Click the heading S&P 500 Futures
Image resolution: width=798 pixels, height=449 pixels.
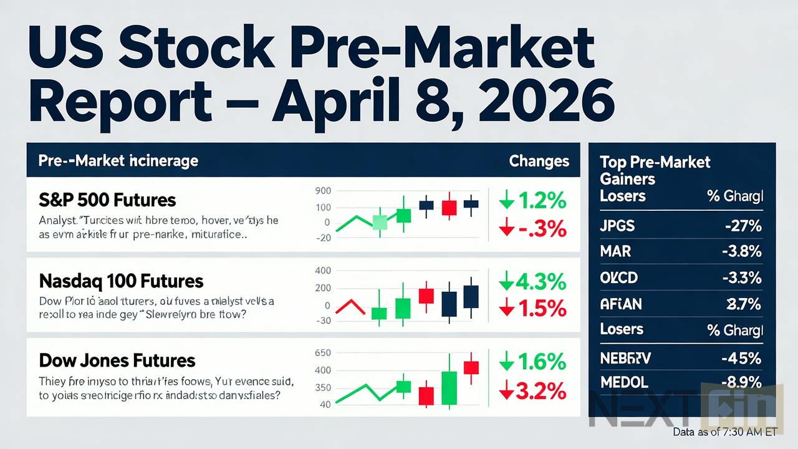coord(107,200)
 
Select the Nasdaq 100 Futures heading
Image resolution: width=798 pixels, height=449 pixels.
coord(121,281)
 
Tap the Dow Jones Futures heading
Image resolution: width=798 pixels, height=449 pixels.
coord(117,360)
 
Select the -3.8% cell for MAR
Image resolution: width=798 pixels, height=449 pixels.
coord(743,251)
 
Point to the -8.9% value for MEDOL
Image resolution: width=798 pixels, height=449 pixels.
coord(741,381)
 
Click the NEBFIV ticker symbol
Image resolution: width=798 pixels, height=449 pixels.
coord(625,359)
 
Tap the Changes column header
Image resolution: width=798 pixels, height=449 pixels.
coord(539,161)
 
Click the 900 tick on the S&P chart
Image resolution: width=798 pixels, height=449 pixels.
coord(323,191)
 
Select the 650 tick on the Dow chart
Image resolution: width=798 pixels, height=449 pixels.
coord(323,352)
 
